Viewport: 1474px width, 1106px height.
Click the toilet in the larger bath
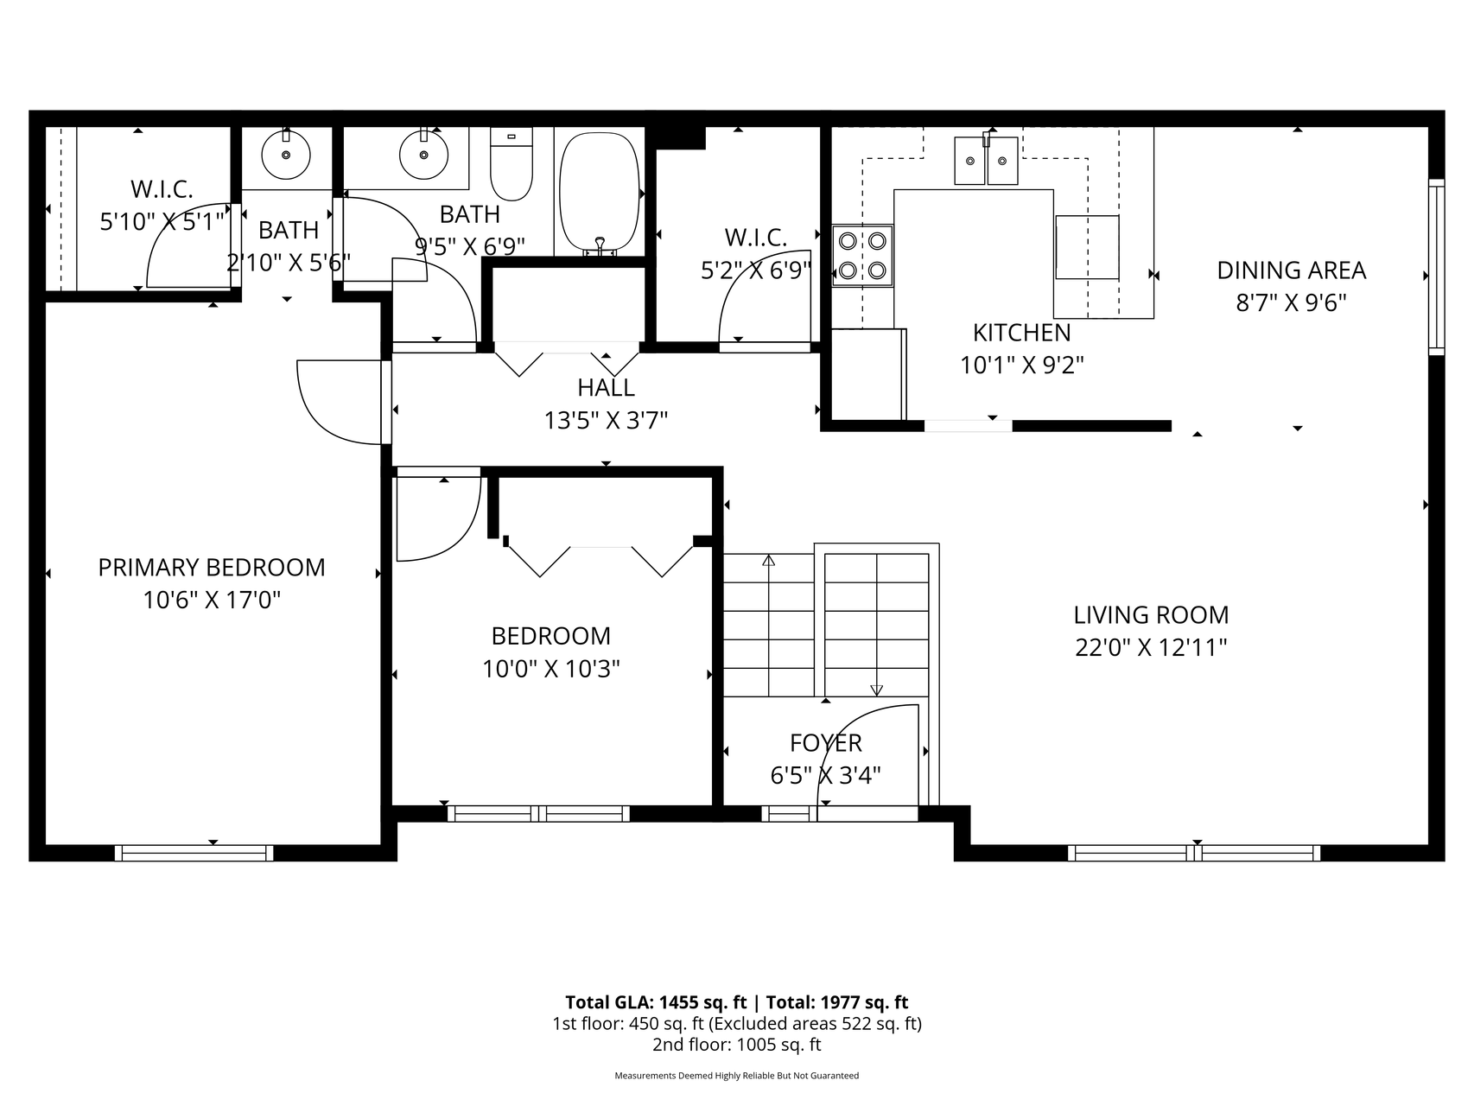[511, 164]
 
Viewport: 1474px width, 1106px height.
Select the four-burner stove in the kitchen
[862, 255]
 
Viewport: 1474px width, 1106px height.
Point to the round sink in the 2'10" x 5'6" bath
[286, 155]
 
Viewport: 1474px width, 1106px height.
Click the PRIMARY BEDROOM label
[212, 567]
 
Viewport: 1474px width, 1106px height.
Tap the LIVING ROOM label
[1151, 614]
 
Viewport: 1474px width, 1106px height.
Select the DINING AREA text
[1292, 270]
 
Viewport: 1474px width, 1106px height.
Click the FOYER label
[826, 743]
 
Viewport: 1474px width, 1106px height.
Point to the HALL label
[607, 387]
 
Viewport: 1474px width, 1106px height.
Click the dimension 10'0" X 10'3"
[551, 669]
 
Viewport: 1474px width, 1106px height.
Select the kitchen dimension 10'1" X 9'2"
[1022, 365]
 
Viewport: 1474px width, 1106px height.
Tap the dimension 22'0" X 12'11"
[1151, 647]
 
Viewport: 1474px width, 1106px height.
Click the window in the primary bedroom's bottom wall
[194, 853]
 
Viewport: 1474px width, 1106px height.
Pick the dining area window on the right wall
[1436, 266]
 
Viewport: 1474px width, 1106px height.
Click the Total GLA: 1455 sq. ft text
[656, 1002]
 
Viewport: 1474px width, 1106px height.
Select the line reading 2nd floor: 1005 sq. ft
[737, 1045]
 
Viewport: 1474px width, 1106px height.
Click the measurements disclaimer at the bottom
[737, 1076]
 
